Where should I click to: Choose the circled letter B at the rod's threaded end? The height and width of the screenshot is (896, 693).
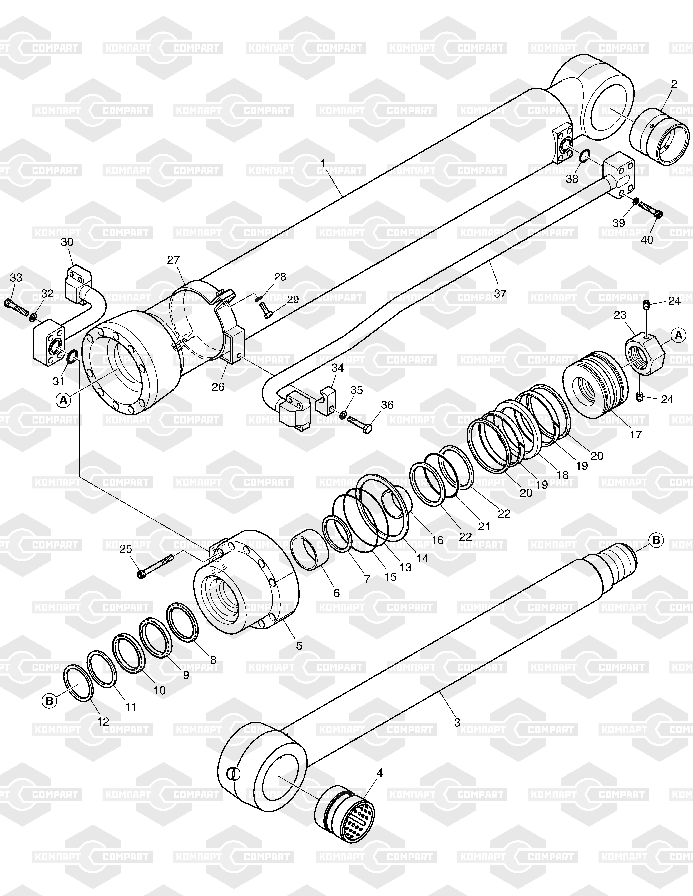click(656, 540)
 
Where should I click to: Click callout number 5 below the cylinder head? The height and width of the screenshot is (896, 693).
click(299, 645)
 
